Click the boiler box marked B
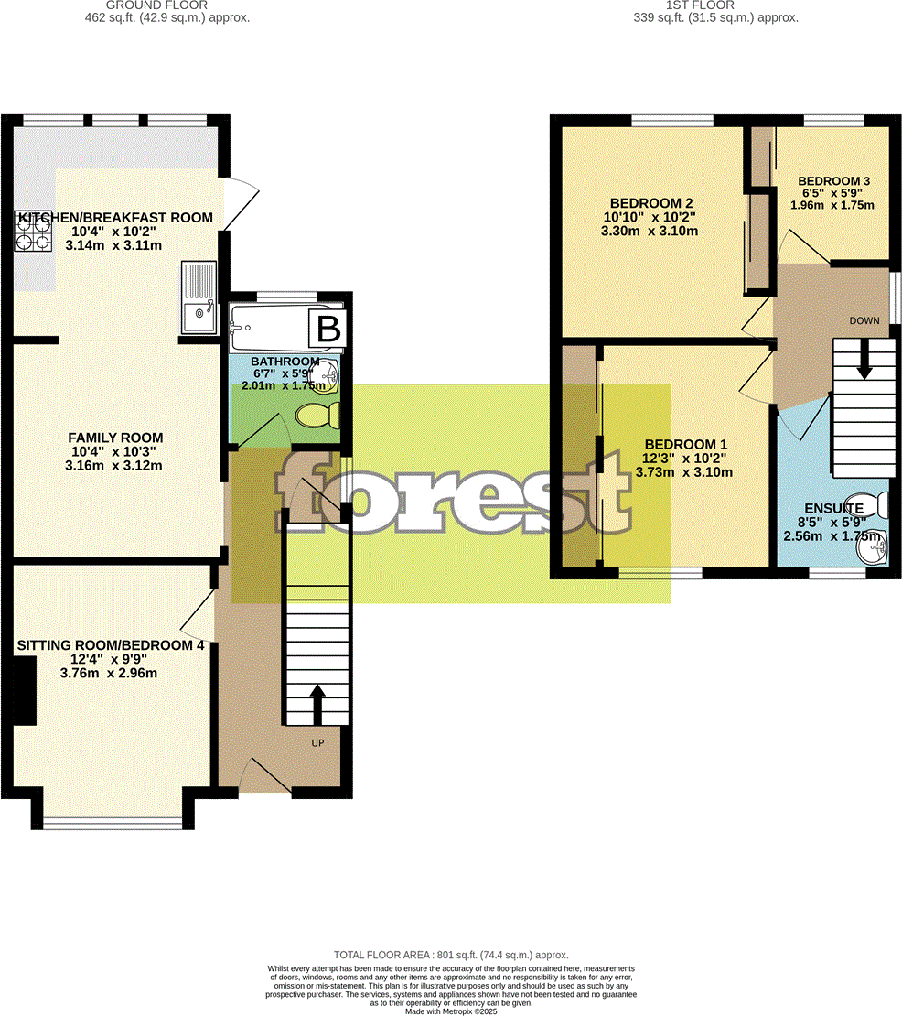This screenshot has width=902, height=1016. point(327,329)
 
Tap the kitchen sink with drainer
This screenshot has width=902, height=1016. point(199,298)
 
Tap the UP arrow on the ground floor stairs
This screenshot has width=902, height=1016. point(317,703)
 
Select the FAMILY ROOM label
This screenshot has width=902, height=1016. point(115,438)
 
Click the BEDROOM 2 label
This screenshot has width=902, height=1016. point(650,203)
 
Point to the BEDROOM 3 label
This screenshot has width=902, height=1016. point(833,180)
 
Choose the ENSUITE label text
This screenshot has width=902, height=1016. point(833,508)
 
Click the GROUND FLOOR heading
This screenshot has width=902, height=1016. point(165,5)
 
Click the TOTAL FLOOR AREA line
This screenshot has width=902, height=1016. point(451,953)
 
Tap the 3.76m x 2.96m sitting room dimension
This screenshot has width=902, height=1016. point(108,674)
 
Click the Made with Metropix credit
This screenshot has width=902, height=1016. point(451,1011)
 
